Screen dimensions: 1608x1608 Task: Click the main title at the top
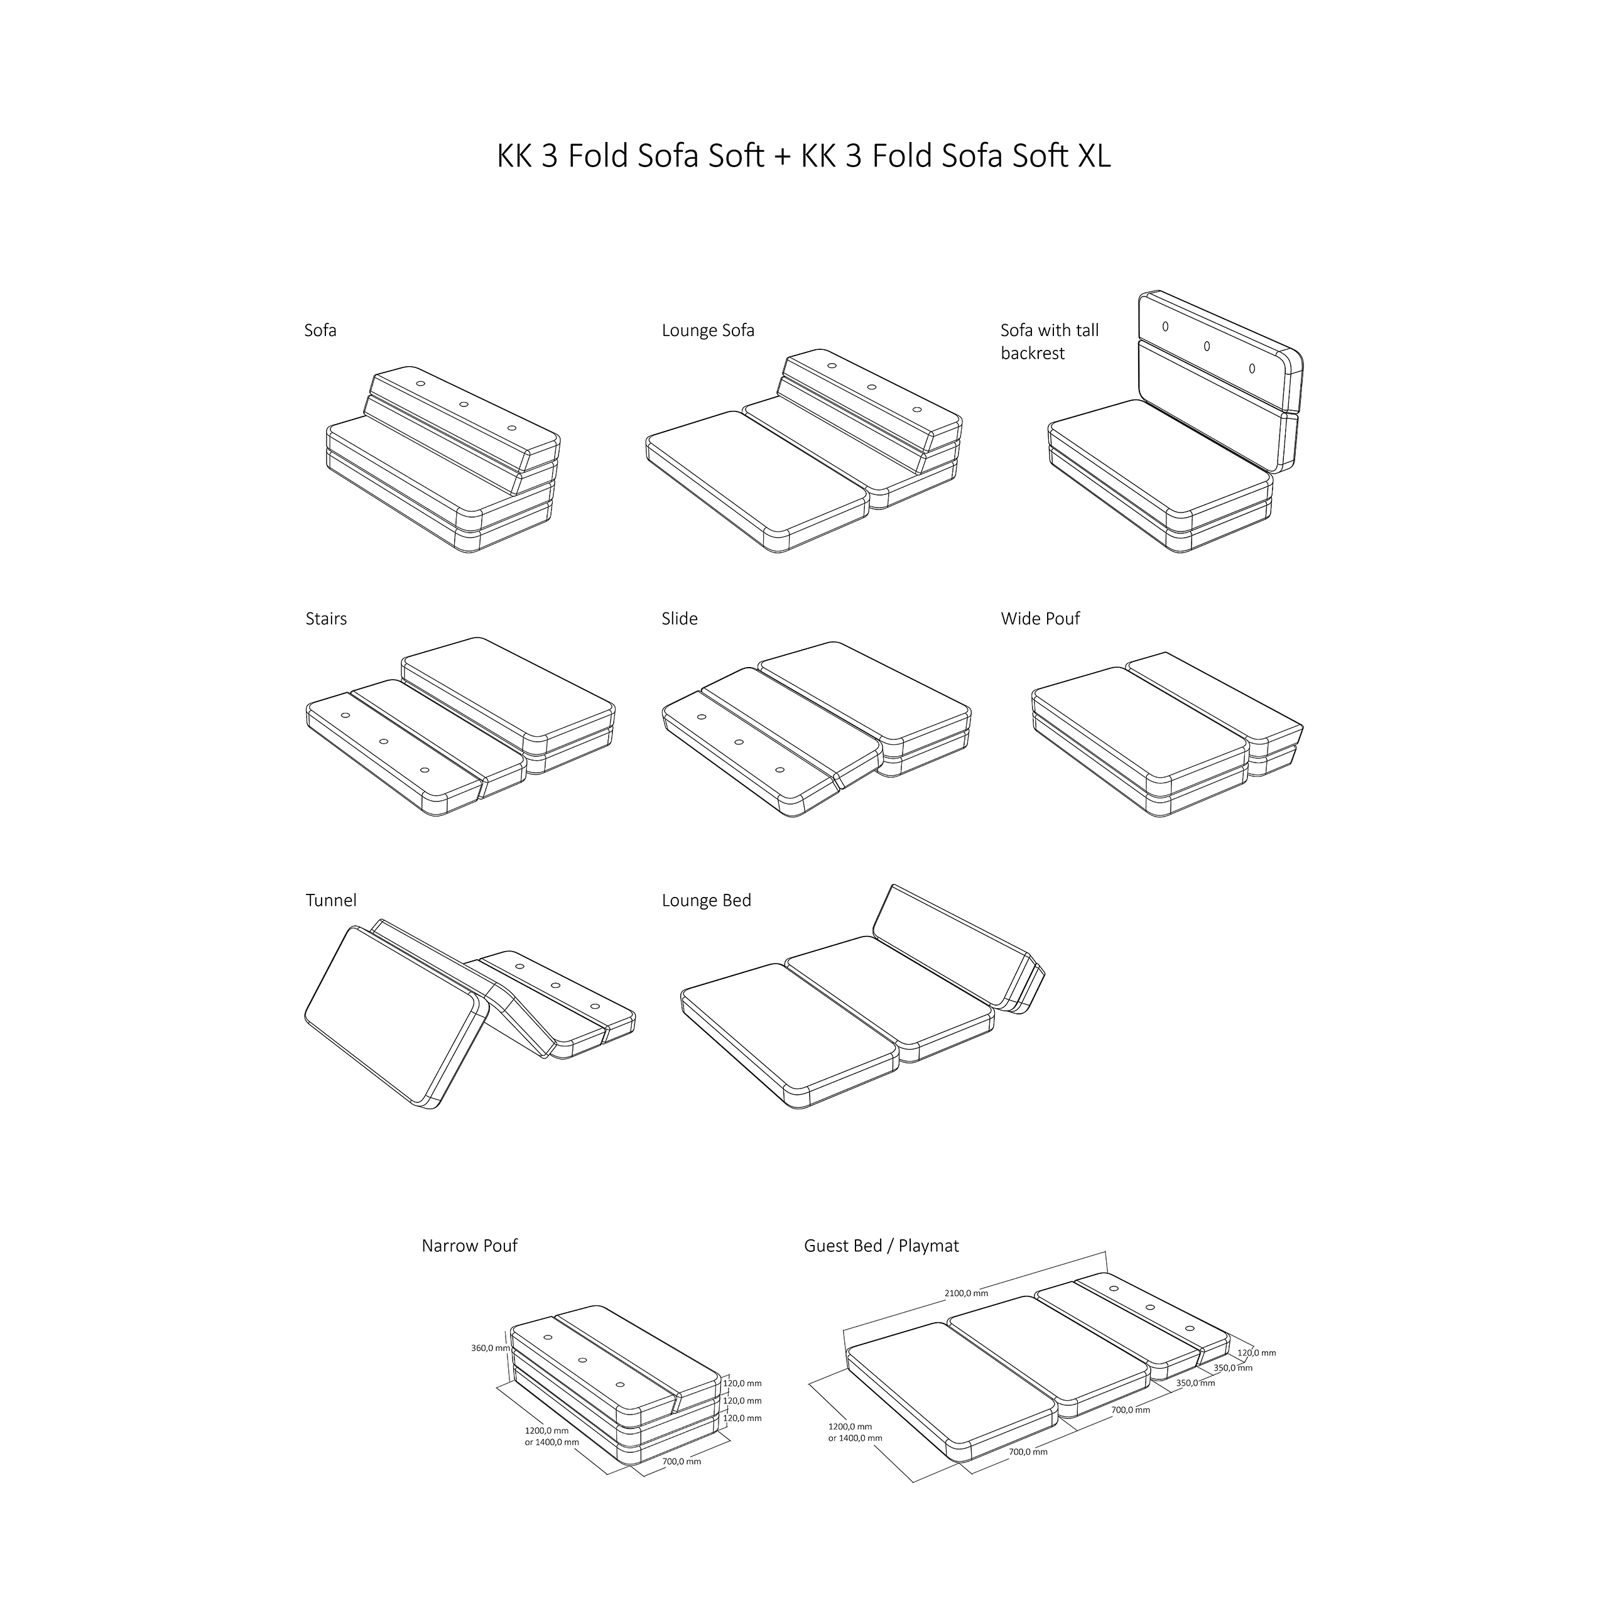coord(803,156)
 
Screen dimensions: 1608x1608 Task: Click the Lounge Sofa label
coord(707,330)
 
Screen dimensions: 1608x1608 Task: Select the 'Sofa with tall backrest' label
coord(1049,341)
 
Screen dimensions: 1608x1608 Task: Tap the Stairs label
coord(325,619)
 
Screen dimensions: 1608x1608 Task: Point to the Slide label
coord(679,619)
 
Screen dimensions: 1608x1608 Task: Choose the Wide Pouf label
coord(1040,619)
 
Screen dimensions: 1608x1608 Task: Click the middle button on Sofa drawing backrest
coord(464,405)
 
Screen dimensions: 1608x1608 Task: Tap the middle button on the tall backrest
coord(1207,345)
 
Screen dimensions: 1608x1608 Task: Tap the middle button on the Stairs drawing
coord(384,741)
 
